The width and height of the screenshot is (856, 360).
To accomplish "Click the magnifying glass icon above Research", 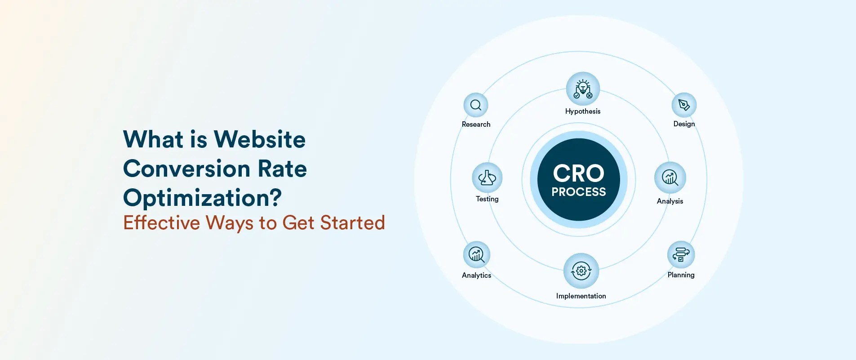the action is (476, 105).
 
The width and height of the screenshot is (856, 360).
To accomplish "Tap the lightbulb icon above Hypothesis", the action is (583, 89).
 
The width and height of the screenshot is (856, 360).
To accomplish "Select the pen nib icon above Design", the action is (684, 105).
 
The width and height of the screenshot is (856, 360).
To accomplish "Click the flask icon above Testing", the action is (487, 178).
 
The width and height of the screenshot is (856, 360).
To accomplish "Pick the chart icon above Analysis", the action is (670, 178).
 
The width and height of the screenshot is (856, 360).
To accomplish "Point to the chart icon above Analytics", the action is (476, 254).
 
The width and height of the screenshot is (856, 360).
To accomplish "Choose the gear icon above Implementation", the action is (581, 271).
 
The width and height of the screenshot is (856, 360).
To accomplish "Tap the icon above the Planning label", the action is (681, 255).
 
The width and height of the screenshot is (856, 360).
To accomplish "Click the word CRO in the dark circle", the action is (579, 173).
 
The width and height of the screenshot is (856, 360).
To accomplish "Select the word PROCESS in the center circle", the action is (579, 192).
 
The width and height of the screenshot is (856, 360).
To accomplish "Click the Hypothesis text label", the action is (583, 111).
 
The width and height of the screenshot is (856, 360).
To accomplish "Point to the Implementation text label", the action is (581, 296).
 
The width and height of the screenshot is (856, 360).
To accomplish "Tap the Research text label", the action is (476, 124).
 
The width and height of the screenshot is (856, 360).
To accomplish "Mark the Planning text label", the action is (681, 275).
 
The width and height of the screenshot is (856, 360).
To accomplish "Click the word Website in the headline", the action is (259, 139).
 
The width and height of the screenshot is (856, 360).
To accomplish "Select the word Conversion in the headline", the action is (186, 169).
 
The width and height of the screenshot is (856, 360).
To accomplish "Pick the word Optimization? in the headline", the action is (202, 198).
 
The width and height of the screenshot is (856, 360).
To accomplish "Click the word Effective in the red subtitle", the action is (161, 222).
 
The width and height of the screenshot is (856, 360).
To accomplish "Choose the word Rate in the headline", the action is (282, 169).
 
